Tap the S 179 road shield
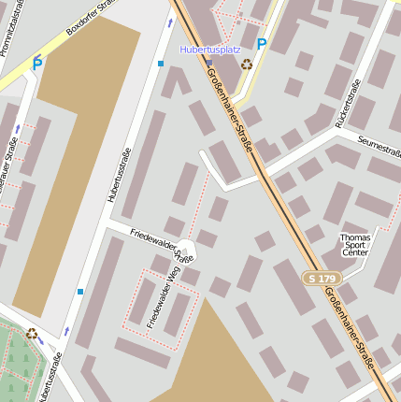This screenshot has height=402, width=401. click(322, 279)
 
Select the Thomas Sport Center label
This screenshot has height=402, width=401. click(355, 245)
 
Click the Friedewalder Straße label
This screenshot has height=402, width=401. click(161, 244)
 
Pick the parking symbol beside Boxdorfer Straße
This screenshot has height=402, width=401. click(37, 65)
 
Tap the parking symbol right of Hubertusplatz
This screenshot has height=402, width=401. click(262, 44)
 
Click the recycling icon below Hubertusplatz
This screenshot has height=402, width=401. click(246, 65)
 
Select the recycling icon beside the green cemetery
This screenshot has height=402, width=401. click(32, 333)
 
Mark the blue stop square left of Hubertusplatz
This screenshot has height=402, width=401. click(161, 64)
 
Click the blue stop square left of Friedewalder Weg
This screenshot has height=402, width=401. click(80, 292)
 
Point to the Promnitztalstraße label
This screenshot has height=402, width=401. click(13, 28)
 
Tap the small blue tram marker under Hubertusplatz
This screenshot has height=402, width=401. click(208, 63)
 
